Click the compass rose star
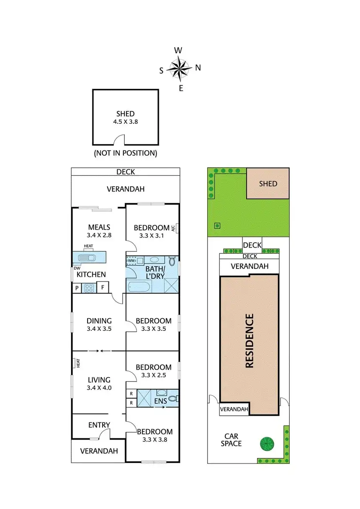(x=180, y=68)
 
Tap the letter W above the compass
(x=178, y=50)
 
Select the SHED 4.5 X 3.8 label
(x=126, y=118)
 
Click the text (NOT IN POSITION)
(x=126, y=153)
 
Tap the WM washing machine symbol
(x=132, y=261)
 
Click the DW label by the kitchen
(x=77, y=268)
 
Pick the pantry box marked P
(x=77, y=288)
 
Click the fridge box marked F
(x=103, y=288)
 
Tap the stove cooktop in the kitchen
(x=90, y=288)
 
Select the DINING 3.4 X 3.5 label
(x=99, y=325)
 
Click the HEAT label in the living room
(x=77, y=363)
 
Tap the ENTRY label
(x=99, y=425)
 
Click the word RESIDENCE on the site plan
(x=249, y=340)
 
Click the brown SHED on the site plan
(x=268, y=183)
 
